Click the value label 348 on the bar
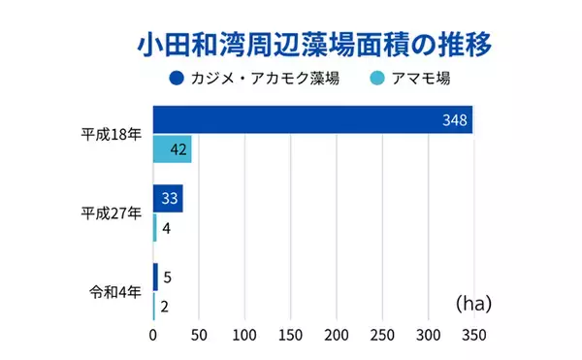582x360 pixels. click(x=453, y=121)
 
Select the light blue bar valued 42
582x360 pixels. click(x=173, y=149)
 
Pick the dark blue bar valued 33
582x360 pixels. click(x=168, y=199)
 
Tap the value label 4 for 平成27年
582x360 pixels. click(x=167, y=228)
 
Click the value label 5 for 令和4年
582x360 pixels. click(x=167, y=278)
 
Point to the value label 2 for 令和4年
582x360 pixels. click(x=166, y=307)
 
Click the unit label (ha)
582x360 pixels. click(x=472, y=304)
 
